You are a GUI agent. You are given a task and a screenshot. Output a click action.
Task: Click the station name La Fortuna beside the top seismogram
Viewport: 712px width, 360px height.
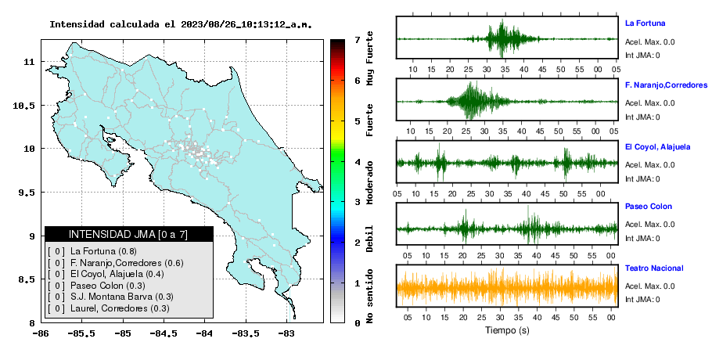(x=645, y=23)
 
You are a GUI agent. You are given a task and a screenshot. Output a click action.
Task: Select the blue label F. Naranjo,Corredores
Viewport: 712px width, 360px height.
(x=666, y=85)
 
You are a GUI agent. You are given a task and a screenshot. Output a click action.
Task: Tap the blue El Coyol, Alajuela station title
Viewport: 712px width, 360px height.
(x=657, y=147)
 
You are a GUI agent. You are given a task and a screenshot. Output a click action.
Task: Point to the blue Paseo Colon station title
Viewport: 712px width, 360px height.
(x=648, y=207)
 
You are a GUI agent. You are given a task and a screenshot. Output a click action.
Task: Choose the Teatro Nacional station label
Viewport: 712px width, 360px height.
(x=654, y=268)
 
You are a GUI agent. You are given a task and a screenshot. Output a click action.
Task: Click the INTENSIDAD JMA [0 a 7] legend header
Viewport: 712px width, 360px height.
(x=128, y=234)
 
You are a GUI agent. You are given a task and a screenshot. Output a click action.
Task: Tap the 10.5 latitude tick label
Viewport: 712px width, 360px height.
(x=24, y=106)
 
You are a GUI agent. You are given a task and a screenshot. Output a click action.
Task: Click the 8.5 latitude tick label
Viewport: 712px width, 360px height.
(x=27, y=279)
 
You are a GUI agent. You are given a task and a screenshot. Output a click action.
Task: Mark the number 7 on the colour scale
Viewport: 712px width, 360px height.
(x=358, y=40)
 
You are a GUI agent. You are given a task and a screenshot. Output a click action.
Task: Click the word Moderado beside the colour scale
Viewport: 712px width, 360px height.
(x=369, y=182)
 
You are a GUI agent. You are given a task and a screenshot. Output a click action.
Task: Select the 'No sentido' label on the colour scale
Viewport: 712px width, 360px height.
(x=369, y=296)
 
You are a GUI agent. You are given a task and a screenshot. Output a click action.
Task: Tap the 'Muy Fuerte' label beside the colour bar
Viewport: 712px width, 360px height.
(x=369, y=58)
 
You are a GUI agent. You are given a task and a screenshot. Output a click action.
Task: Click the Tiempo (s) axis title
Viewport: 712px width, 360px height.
(x=507, y=330)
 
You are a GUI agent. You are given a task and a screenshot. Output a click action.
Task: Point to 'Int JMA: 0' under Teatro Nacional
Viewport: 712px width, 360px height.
(x=642, y=300)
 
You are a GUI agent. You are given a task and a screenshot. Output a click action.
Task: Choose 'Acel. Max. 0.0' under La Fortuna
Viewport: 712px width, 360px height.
(x=649, y=42)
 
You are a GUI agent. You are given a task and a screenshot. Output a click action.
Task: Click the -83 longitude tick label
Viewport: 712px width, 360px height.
(x=286, y=333)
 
